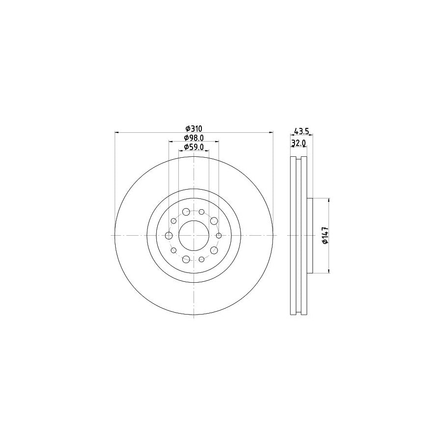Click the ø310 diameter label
194,128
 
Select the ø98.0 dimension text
194,138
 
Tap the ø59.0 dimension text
194,147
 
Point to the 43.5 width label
300,131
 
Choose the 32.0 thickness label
298,143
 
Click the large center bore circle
194,236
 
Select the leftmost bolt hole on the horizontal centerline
169,236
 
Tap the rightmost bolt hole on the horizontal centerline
218,236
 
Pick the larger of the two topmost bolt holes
186,212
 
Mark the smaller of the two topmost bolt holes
201,212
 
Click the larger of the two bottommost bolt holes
186,259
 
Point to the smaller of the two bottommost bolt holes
201,259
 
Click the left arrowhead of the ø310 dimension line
116,132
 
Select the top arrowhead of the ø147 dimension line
329,200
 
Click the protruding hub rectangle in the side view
310,235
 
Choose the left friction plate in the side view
294,235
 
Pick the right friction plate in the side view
304,235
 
